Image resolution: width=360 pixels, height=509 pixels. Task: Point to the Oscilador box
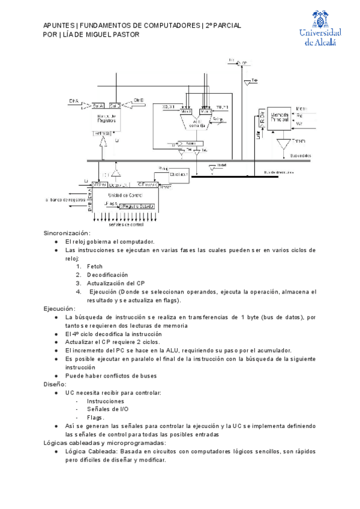(179, 174)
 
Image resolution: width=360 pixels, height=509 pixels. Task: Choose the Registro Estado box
(138, 206)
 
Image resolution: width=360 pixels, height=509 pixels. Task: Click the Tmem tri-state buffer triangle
(282, 143)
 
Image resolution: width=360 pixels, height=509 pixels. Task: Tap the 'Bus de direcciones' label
(278, 171)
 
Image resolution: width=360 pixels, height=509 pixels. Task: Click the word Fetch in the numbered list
(95, 266)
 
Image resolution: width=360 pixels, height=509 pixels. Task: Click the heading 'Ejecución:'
(59, 309)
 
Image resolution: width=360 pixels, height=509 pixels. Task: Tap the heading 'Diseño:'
(55, 384)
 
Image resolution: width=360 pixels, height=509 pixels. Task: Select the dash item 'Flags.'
(95, 417)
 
